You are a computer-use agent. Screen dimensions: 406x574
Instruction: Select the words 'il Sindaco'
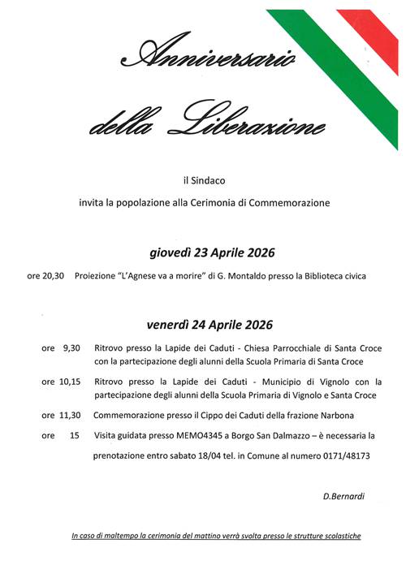(203, 178)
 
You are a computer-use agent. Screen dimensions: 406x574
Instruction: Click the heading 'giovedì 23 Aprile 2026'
(203, 250)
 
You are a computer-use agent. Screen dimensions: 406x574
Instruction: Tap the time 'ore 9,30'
(61, 347)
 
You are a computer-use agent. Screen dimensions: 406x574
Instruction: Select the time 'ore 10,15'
(61, 381)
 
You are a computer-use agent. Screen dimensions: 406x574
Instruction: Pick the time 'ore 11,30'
(61, 415)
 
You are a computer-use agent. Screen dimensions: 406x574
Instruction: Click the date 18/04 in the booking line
(213, 456)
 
